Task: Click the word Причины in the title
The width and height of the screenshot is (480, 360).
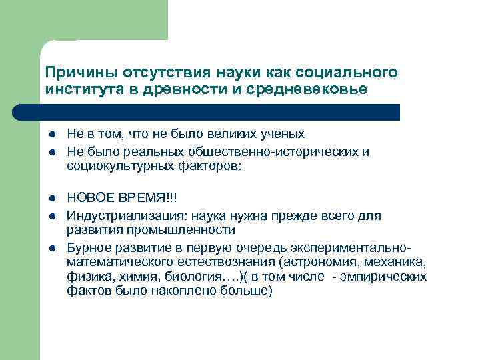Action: pos(73,72)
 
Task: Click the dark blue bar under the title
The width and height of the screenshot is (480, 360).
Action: pos(220,112)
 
